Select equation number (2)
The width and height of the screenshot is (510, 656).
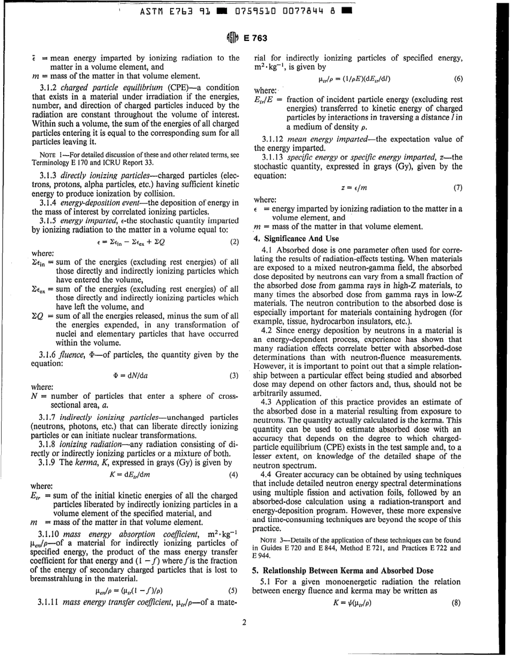point(234,227)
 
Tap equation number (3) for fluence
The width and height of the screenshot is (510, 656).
point(234,345)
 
